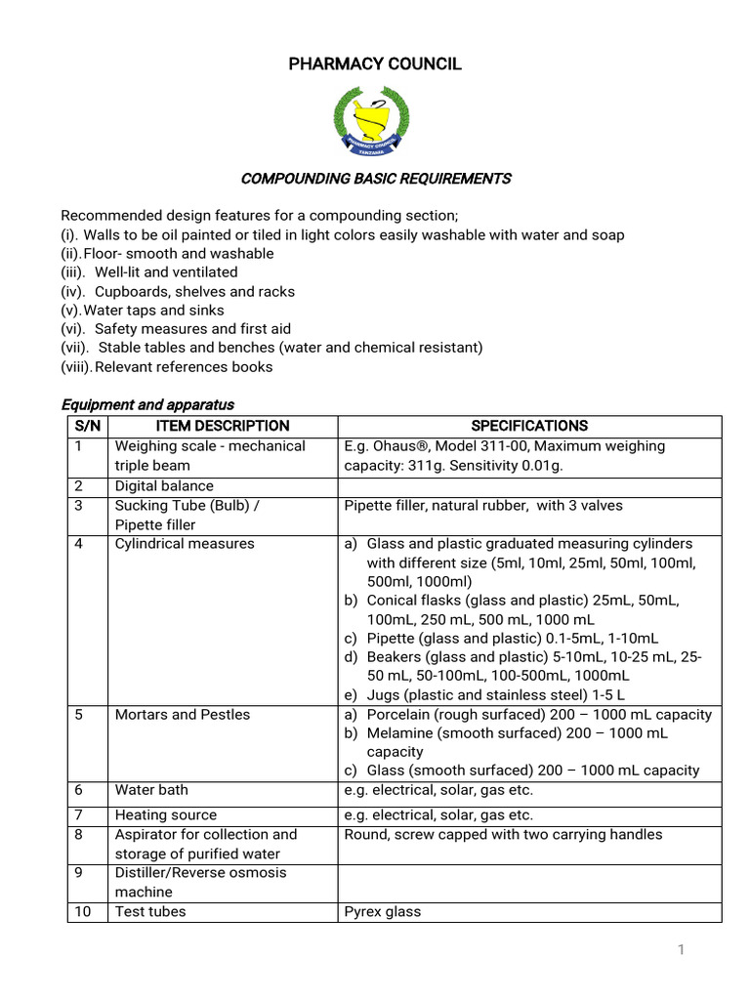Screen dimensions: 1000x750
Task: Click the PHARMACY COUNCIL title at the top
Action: tap(375, 64)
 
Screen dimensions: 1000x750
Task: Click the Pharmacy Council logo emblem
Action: tap(371, 120)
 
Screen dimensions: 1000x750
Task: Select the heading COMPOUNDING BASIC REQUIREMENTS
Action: tap(376, 179)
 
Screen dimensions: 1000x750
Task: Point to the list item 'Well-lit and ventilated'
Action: tap(165, 272)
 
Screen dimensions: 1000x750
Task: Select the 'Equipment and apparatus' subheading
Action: tap(147, 404)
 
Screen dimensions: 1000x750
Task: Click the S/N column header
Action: tap(87, 426)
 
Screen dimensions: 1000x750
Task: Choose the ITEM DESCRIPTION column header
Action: tap(223, 426)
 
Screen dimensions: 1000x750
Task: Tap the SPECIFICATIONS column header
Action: tap(529, 426)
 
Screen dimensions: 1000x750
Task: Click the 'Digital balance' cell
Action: tap(164, 486)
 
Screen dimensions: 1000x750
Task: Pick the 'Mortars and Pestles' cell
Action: tap(183, 715)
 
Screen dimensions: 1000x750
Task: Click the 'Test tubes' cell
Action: tap(150, 912)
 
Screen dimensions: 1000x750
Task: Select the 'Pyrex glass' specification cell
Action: tap(383, 912)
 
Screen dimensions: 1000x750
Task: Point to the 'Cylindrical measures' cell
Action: tap(185, 544)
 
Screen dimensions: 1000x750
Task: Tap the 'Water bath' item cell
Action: tap(151, 790)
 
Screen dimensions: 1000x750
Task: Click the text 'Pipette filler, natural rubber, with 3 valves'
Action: tap(483, 506)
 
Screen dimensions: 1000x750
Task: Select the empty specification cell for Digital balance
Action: tap(529, 486)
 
